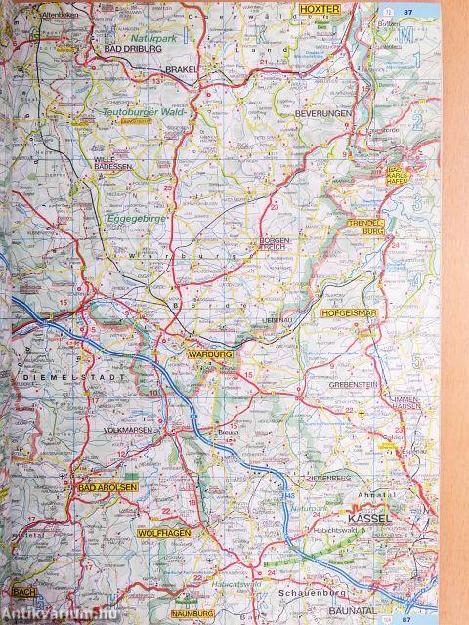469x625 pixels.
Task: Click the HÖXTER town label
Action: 319,8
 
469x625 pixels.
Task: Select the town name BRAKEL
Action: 183,70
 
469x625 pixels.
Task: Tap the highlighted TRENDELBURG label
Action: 368,229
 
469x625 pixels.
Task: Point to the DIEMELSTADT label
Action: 49,375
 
